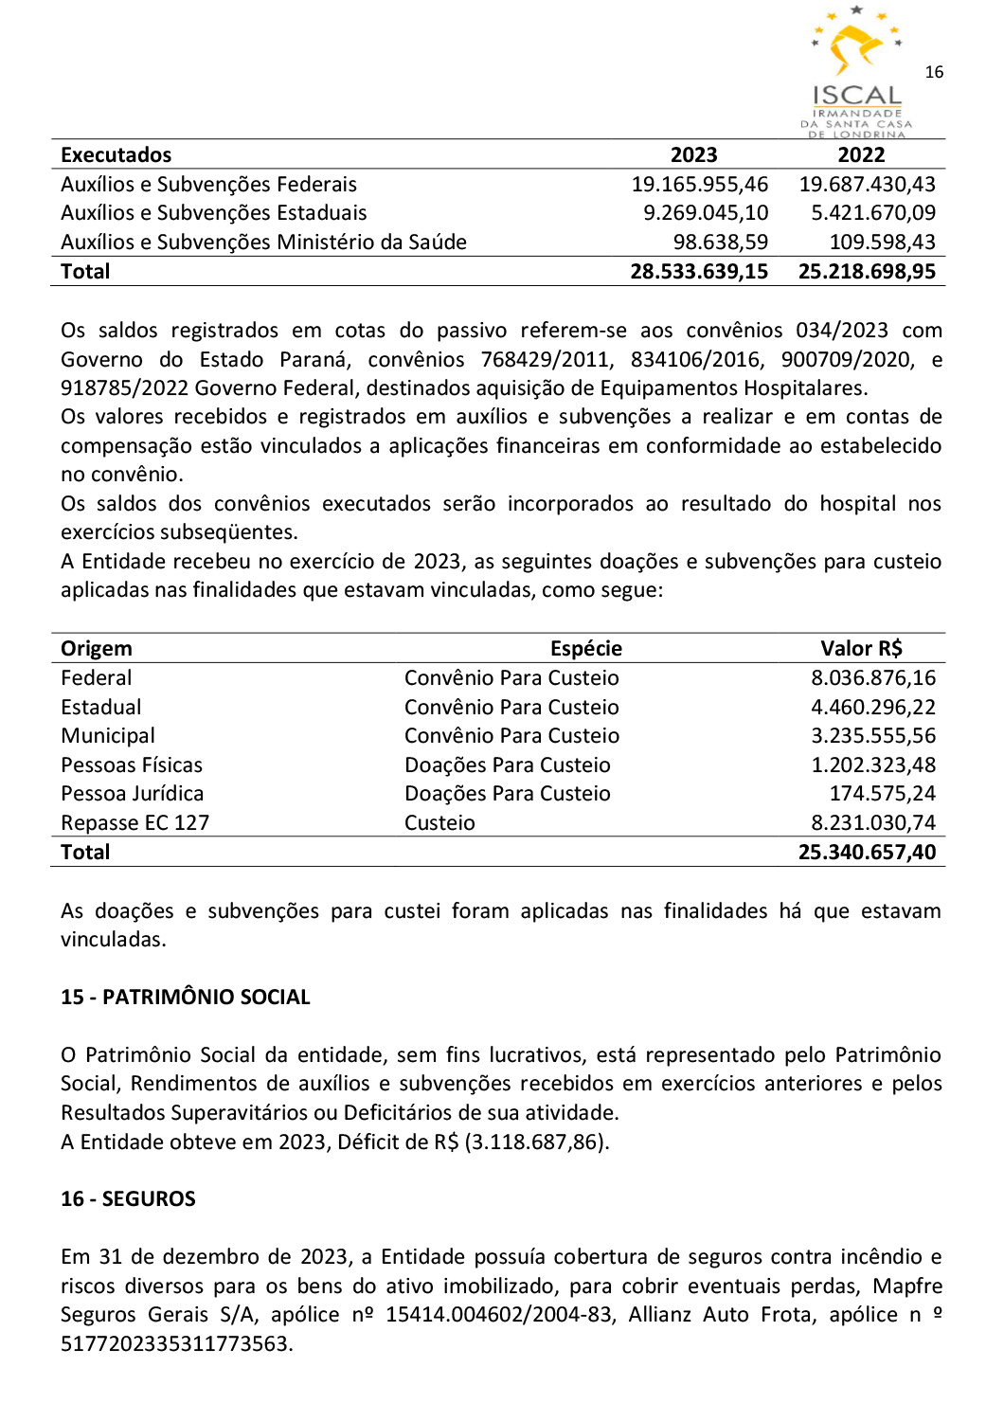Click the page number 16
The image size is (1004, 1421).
click(x=934, y=72)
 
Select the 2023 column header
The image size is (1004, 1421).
click(x=693, y=155)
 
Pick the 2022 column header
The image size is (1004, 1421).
click(x=861, y=155)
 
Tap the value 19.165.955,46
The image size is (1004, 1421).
click(x=700, y=185)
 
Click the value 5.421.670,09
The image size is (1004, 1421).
click(x=872, y=213)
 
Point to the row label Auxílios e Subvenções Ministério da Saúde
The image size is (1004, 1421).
click(x=263, y=243)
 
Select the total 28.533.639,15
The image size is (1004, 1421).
click(x=699, y=272)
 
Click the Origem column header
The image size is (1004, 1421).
click(x=97, y=649)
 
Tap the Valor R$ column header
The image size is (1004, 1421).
click(x=861, y=649)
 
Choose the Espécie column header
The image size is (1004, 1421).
click(x=586, y=649)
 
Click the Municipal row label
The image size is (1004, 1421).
click(x=108, y=736)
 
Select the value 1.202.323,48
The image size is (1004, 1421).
click(x=872, y=765)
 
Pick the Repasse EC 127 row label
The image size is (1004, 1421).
click(x=134, y=823)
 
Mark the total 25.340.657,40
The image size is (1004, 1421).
click(x=867, y=853)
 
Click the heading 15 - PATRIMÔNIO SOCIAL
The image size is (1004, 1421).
click(x=186, y=998)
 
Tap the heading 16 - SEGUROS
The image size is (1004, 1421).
click(x=128, y=1199)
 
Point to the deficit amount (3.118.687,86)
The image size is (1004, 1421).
click(x=536, y=1142)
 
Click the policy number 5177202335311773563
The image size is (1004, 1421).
click(x=176, y=1344)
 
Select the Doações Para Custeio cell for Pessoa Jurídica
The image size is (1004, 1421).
click(x=507, y=794)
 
